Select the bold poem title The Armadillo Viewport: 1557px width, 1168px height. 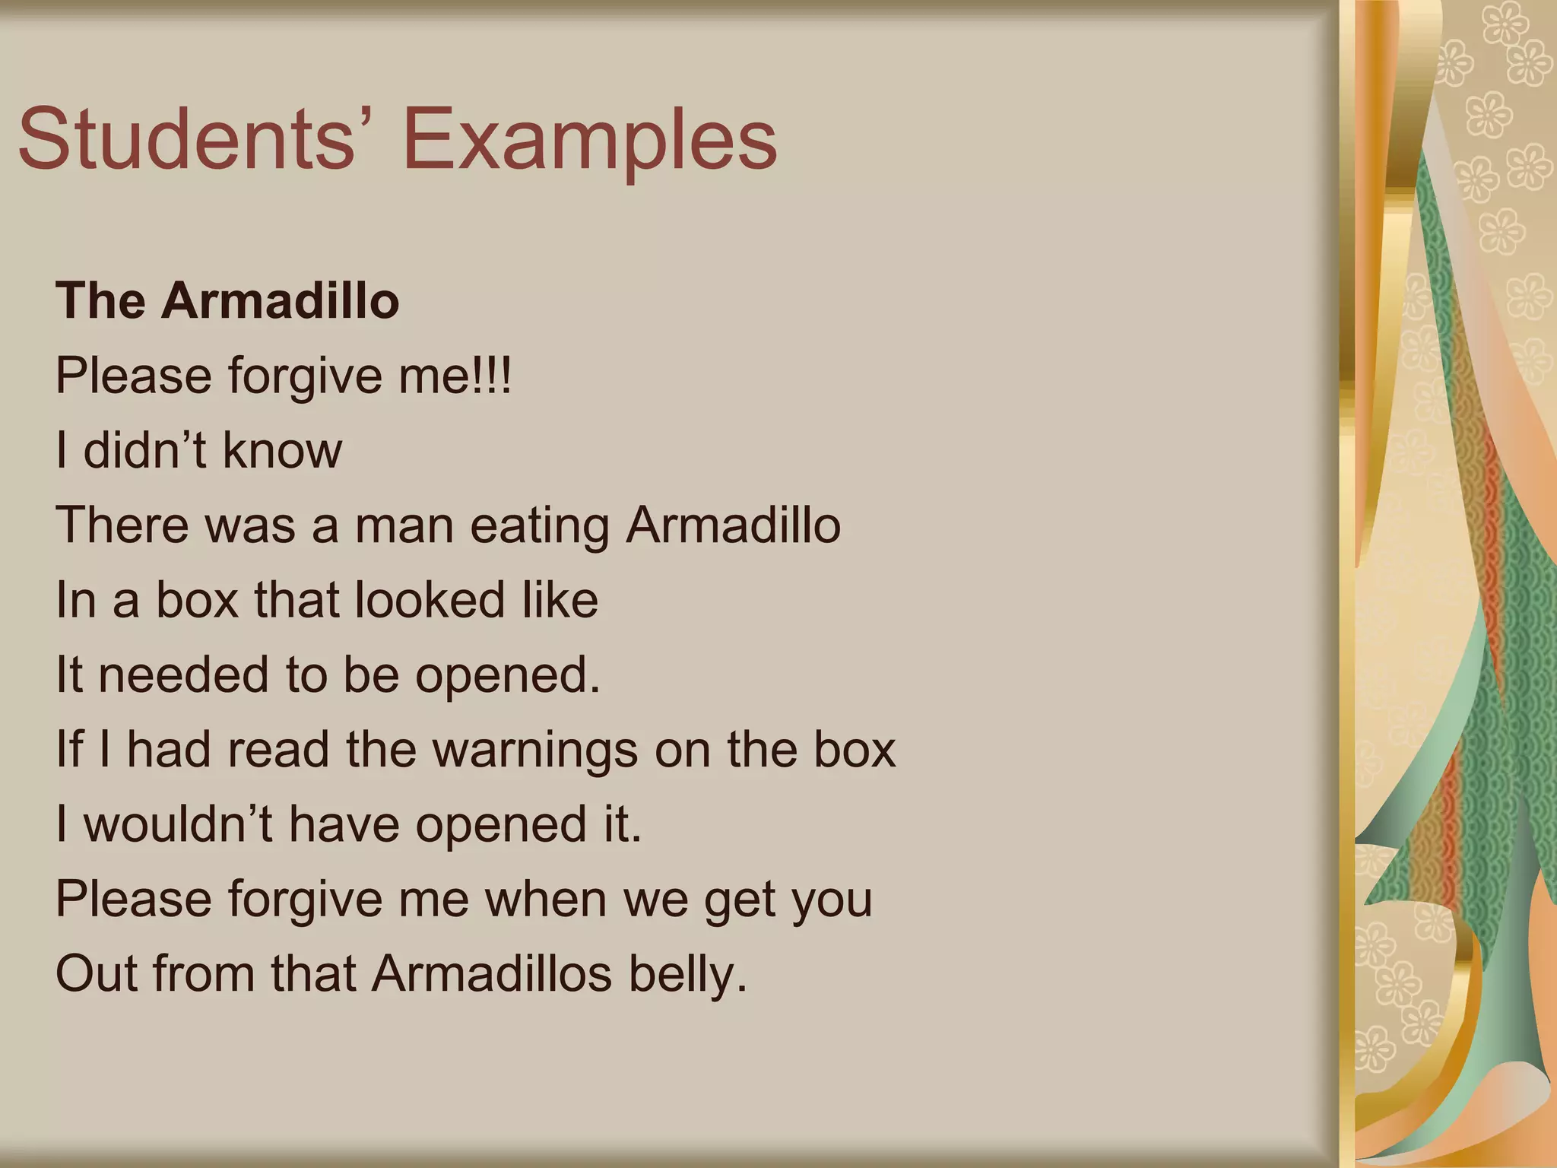227,300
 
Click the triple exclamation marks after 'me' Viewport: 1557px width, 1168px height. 493,376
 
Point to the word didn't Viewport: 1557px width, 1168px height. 145,450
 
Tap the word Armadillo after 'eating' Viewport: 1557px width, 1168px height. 733,525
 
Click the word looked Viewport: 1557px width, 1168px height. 430,599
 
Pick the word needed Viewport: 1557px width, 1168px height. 184,674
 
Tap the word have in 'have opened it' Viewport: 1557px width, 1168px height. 344,824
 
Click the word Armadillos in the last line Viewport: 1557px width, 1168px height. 492,973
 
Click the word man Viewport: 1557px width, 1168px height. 404,526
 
